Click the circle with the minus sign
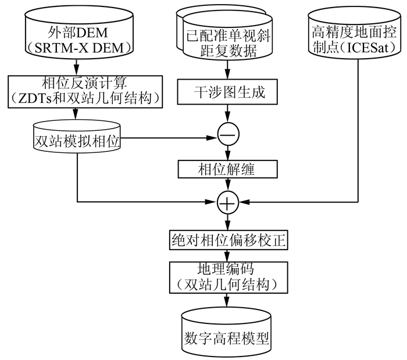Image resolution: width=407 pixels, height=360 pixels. click(x=227, y=134)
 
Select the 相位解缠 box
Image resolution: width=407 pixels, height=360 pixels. click(x=227, y=169)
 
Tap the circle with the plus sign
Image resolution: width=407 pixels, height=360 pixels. click(x=227, y=202)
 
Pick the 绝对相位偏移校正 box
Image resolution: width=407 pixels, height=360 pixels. click(x=227, y=240)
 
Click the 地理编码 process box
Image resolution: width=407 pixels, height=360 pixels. click(x=227, y=277)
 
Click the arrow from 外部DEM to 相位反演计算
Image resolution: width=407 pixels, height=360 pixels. click(x=77, y=66)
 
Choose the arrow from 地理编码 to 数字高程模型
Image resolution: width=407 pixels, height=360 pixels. click(x=227, y=300)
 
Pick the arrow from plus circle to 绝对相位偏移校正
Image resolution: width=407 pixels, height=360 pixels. click(x=227, y=221)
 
